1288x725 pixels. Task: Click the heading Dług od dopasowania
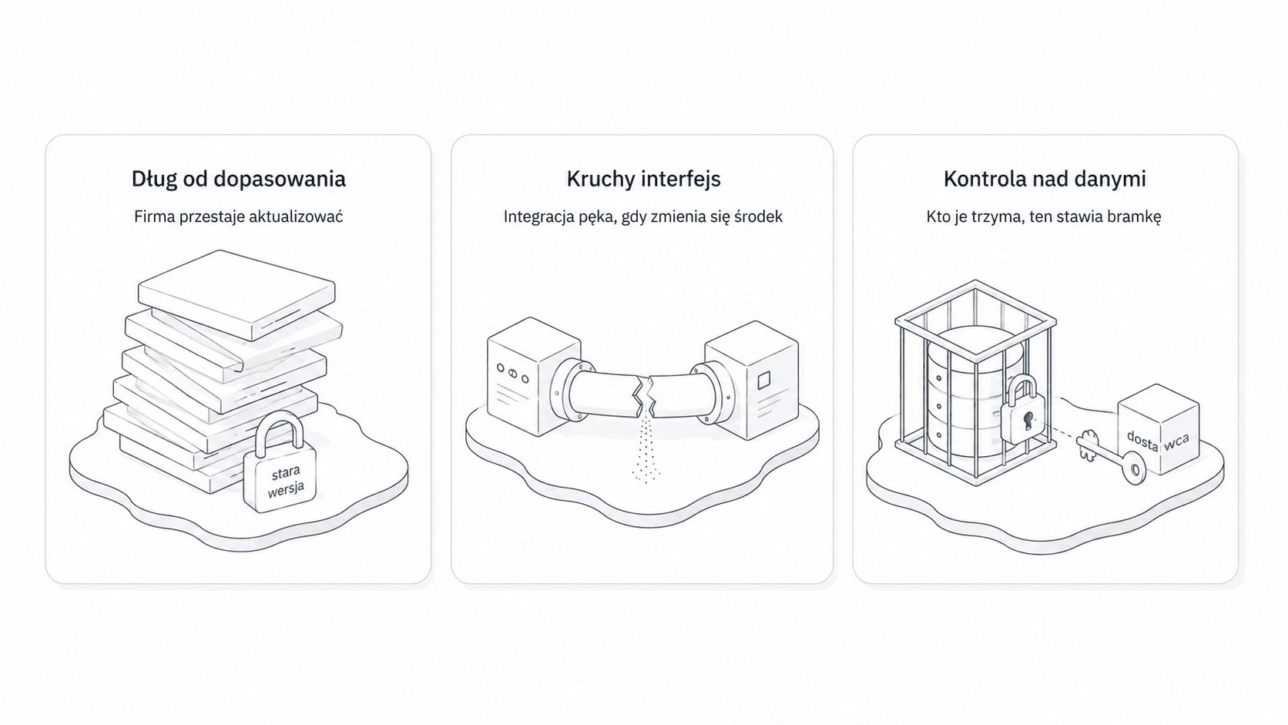pos(239,180)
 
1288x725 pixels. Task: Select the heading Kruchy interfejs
pos(643,180)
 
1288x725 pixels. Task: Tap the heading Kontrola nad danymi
pos(1045,179)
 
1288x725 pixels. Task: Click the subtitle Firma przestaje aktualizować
pos(239,216)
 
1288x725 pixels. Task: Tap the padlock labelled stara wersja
pos(280,465)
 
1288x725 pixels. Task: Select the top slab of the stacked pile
pos(236,294)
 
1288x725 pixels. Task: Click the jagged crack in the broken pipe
pos(644,396)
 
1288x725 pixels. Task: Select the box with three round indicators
pos(534,376)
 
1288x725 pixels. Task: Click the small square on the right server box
pos(763,380)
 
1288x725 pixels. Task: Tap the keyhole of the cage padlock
pos(1028,420)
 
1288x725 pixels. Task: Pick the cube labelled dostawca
pos(1158,429)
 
